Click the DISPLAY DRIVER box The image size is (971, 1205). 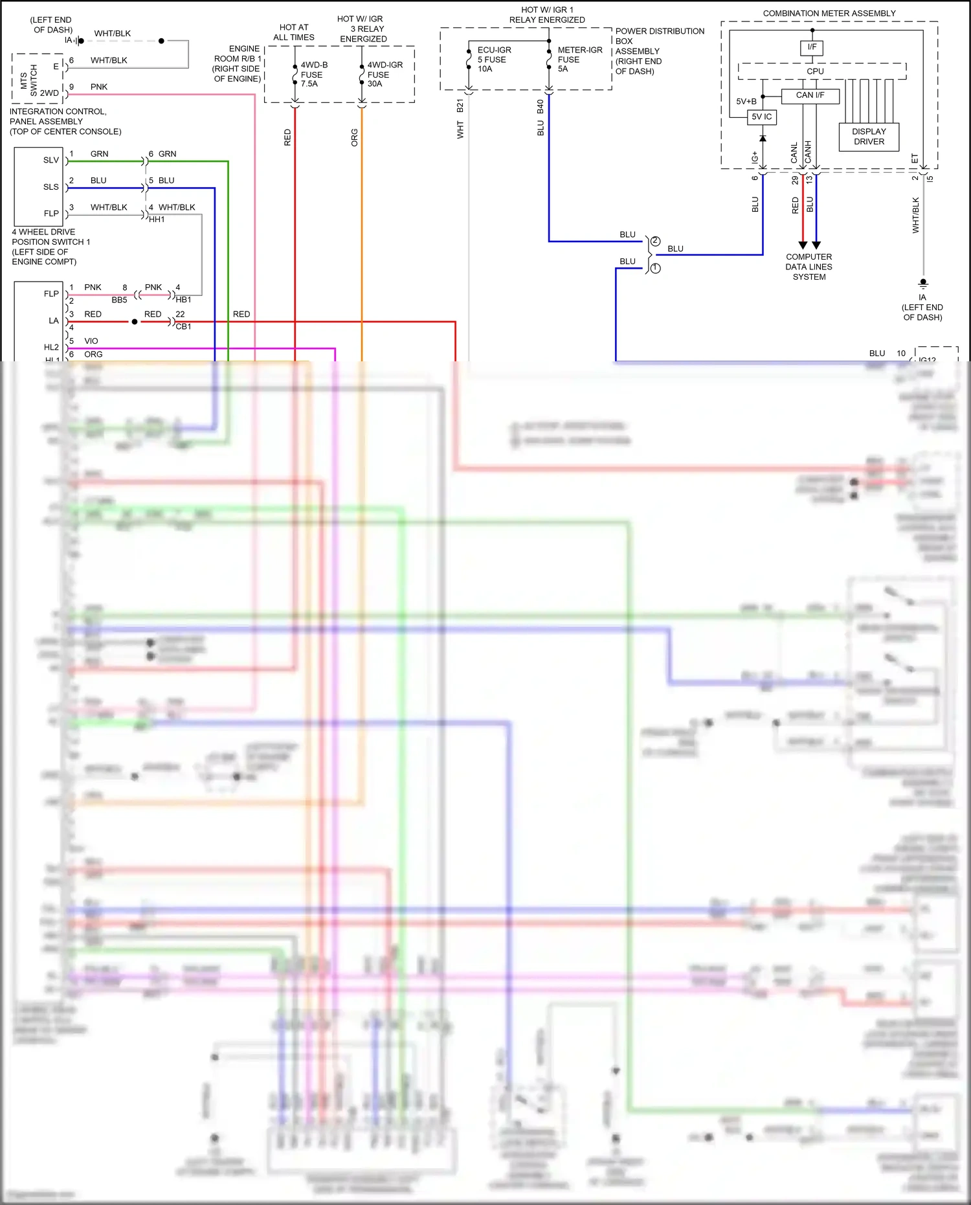click(869, 137)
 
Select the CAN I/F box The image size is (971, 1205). click(810, 95)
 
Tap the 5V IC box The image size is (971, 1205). click(761, 117)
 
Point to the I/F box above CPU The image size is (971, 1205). click(812, 47)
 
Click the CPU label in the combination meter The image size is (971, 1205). click(815, 71)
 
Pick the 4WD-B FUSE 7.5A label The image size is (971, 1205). click(313, 74)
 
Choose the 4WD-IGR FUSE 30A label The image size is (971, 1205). click(385, 74)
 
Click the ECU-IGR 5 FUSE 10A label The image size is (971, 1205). click(493, 60)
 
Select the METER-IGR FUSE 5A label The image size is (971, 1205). click(579, 60)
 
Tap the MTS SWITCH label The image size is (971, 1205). click(29, 79)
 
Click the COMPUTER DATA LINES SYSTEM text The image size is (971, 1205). click(809, 267)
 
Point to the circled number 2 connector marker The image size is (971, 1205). click(655, 242)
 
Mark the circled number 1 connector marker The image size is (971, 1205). click(655, 268)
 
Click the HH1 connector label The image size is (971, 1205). click(157, 220)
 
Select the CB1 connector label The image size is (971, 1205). click(183, 327)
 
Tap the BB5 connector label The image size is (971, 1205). click(119, 300)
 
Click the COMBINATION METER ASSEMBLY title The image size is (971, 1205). click(829, 14)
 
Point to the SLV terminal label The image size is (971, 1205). click(51, 161)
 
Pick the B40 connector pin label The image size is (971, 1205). click(540, 107)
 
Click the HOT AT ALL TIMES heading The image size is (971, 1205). click(293, 32)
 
